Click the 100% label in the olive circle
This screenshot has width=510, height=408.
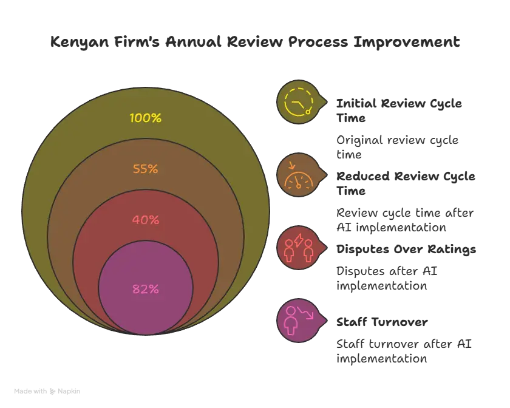click(x=146, y=118)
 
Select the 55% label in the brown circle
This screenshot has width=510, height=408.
click(x=146, y=169)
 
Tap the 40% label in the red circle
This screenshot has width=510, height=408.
click(x=146, y=220)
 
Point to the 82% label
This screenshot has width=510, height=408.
click(x=146, y=289)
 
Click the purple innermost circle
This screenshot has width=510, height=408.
click(x=146, y=310)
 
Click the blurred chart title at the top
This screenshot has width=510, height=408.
click(x=254, y=43)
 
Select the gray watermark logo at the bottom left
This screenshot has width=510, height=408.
click(x=49, y=391)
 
